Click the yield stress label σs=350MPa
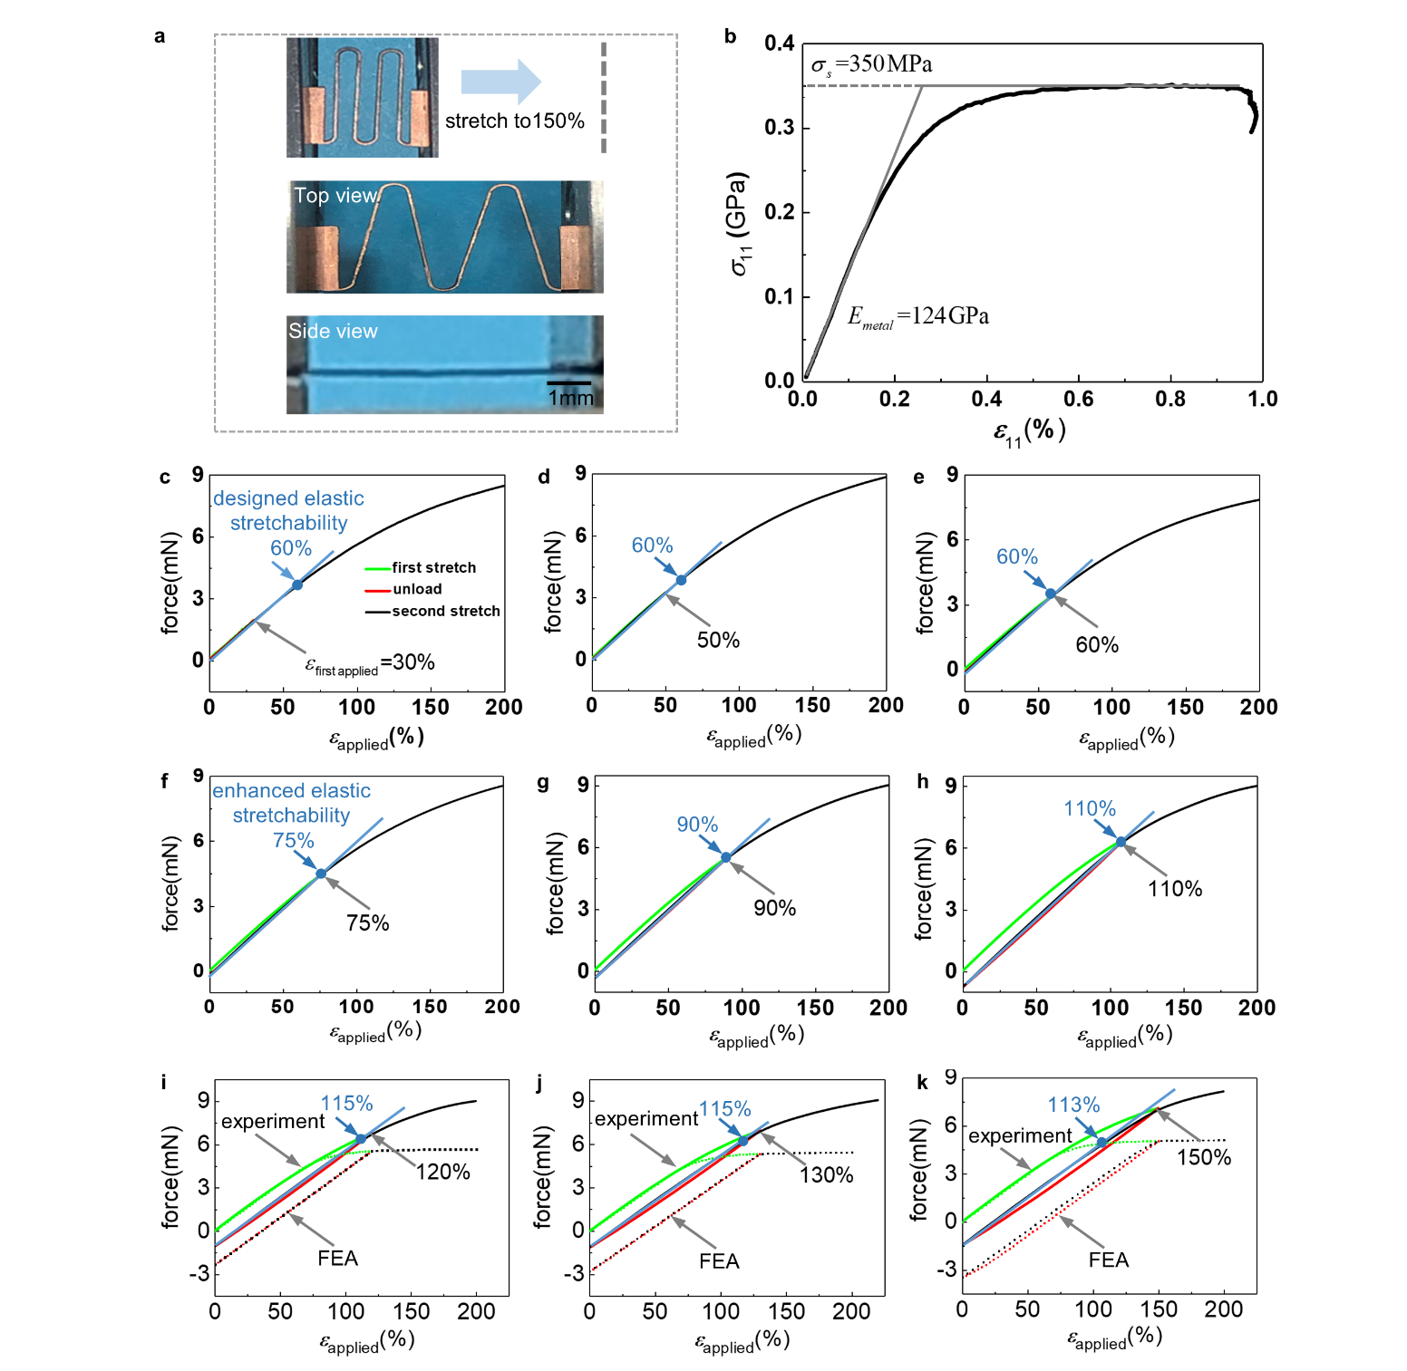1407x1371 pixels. pyautogui.click(x=871, y=64)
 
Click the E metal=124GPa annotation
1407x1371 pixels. pyautogui.click(x=917, y=316)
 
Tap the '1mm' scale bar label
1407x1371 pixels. pyautogui.click(x=570, y=398)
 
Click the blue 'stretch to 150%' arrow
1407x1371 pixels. pyautogui.click(x=500, y=82)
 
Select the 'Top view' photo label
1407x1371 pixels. pyautogui.click(x=335, y=196)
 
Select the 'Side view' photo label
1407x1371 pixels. pyautogui.click(x=333, y=332)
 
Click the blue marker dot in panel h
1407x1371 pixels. pyautogui.click(x=1121, y=843)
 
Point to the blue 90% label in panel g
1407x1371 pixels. pyautogui.click(x=697, y=825)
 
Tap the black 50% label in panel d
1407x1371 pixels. pyautogui.click(x=718, y=641)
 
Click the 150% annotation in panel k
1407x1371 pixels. pyautogui.click(x=1203, y=1158)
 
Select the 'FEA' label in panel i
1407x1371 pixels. pyautogui.click(x=337, y=1259)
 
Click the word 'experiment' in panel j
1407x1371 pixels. pyautogui.click(x=645, y=1119)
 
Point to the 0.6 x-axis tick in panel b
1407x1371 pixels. pyautogui.click(x=1078, y=400)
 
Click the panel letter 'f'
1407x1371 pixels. pyautogui.click(x=164, y=781)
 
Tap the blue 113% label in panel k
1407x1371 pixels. pyautogui.click(x=1073, y=1105)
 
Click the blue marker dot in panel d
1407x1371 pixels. pyautogui.click(x=681, y=580)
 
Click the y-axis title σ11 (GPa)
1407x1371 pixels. pyautogui.click(x=739, y=224)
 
